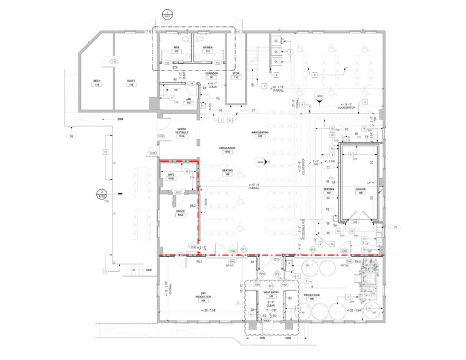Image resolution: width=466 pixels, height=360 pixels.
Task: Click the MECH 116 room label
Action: (97, 83)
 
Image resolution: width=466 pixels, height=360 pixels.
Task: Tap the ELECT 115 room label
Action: (130, 83)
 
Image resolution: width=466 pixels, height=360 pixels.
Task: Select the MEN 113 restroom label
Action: (176, 50)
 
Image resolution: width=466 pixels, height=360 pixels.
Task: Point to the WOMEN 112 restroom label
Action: (208, 50)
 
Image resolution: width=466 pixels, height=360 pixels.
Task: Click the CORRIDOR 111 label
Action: (211, 75)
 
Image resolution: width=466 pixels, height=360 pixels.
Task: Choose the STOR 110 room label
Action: (235, 75)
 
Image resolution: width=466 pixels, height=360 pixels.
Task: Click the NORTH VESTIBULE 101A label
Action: (181, 134)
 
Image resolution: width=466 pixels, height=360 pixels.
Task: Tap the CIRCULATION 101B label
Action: (227, 151)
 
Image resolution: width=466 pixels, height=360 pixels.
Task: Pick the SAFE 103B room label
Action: (171, 176)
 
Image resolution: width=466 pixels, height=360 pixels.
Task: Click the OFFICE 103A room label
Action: (180, 213)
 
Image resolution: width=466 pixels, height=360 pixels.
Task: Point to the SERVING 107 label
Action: (328, 192)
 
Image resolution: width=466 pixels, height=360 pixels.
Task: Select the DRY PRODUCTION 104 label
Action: (202, 298)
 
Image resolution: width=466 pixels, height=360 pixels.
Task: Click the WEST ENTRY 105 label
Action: (271, 294)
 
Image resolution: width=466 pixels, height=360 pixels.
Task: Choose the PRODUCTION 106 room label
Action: (312, 296)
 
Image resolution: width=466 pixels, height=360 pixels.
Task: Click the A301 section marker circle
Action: (166, 13)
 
